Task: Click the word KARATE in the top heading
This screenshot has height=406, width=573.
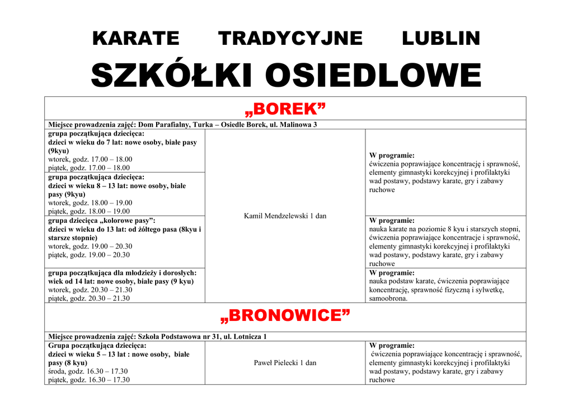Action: point(135,39)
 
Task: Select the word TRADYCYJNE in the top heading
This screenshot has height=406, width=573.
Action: point(290,39)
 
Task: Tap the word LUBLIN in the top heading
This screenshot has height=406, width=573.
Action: point(441,39)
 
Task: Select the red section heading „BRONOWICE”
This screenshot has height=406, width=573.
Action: point(285,316)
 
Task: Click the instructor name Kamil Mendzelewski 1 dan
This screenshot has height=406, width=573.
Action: point(285,216)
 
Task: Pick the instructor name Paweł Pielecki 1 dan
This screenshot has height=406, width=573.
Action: point(285,363)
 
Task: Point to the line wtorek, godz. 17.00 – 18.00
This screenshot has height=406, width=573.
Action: point(90,159)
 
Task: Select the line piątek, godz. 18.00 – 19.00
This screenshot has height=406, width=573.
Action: point(89,211)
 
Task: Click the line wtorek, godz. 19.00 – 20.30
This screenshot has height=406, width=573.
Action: point(90,246)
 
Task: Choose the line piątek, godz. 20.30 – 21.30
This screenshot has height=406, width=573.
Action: point(89,298)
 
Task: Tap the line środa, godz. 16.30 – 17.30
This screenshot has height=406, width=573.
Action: point(88,371)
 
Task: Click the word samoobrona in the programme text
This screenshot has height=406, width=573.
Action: point(388,298)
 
